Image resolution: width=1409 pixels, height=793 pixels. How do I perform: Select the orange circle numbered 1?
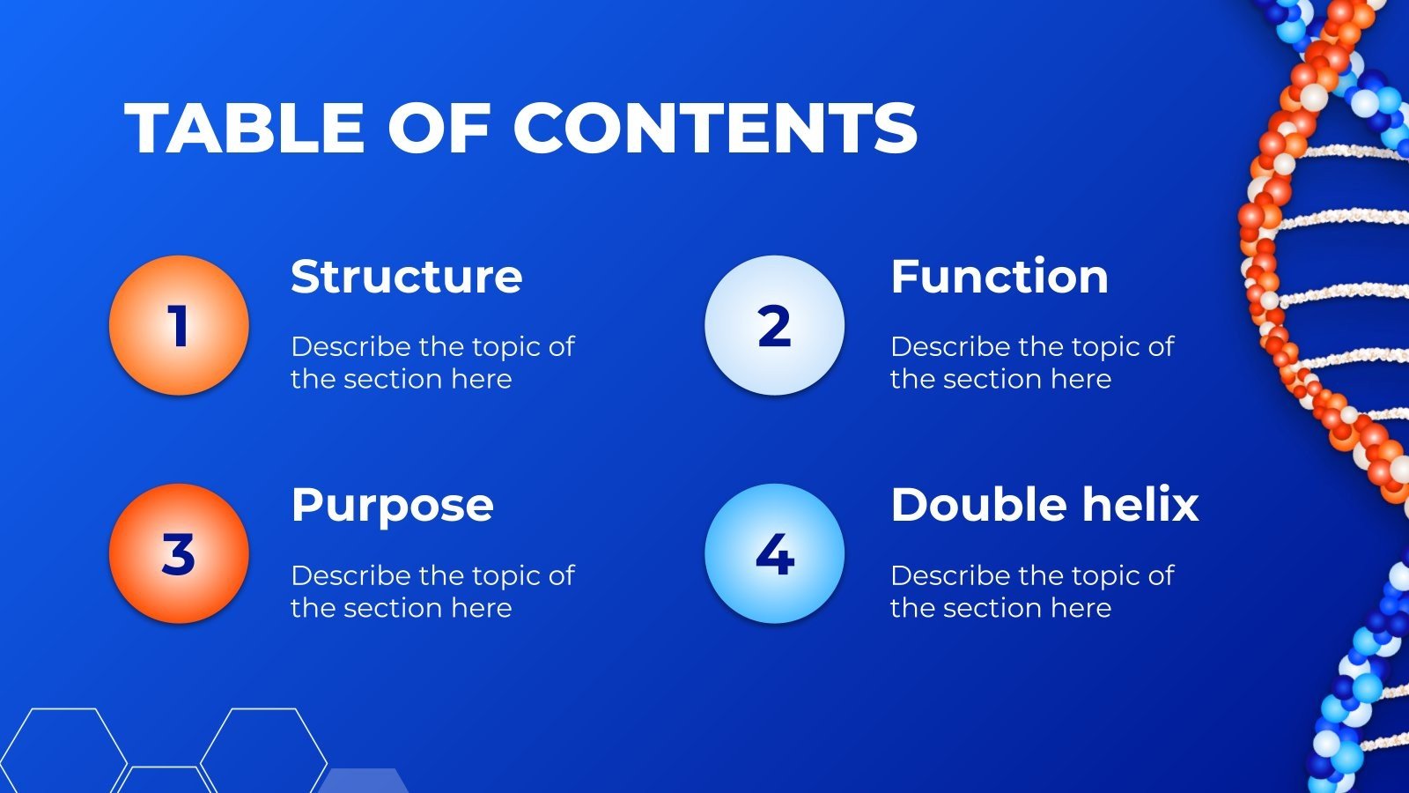click(180, 325)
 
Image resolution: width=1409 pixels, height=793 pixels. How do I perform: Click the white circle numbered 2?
click(774, 325)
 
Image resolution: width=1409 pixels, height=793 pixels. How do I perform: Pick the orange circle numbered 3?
click(180, 554)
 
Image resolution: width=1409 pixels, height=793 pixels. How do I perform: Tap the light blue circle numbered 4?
click(774, 554)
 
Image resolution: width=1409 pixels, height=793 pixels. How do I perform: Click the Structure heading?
click(406, 277)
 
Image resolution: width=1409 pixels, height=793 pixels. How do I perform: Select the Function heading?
click(1000, 276)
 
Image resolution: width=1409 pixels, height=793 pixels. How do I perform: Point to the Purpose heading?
click(392, 507)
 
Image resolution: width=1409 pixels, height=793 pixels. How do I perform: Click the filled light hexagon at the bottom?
click(363, 781)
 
